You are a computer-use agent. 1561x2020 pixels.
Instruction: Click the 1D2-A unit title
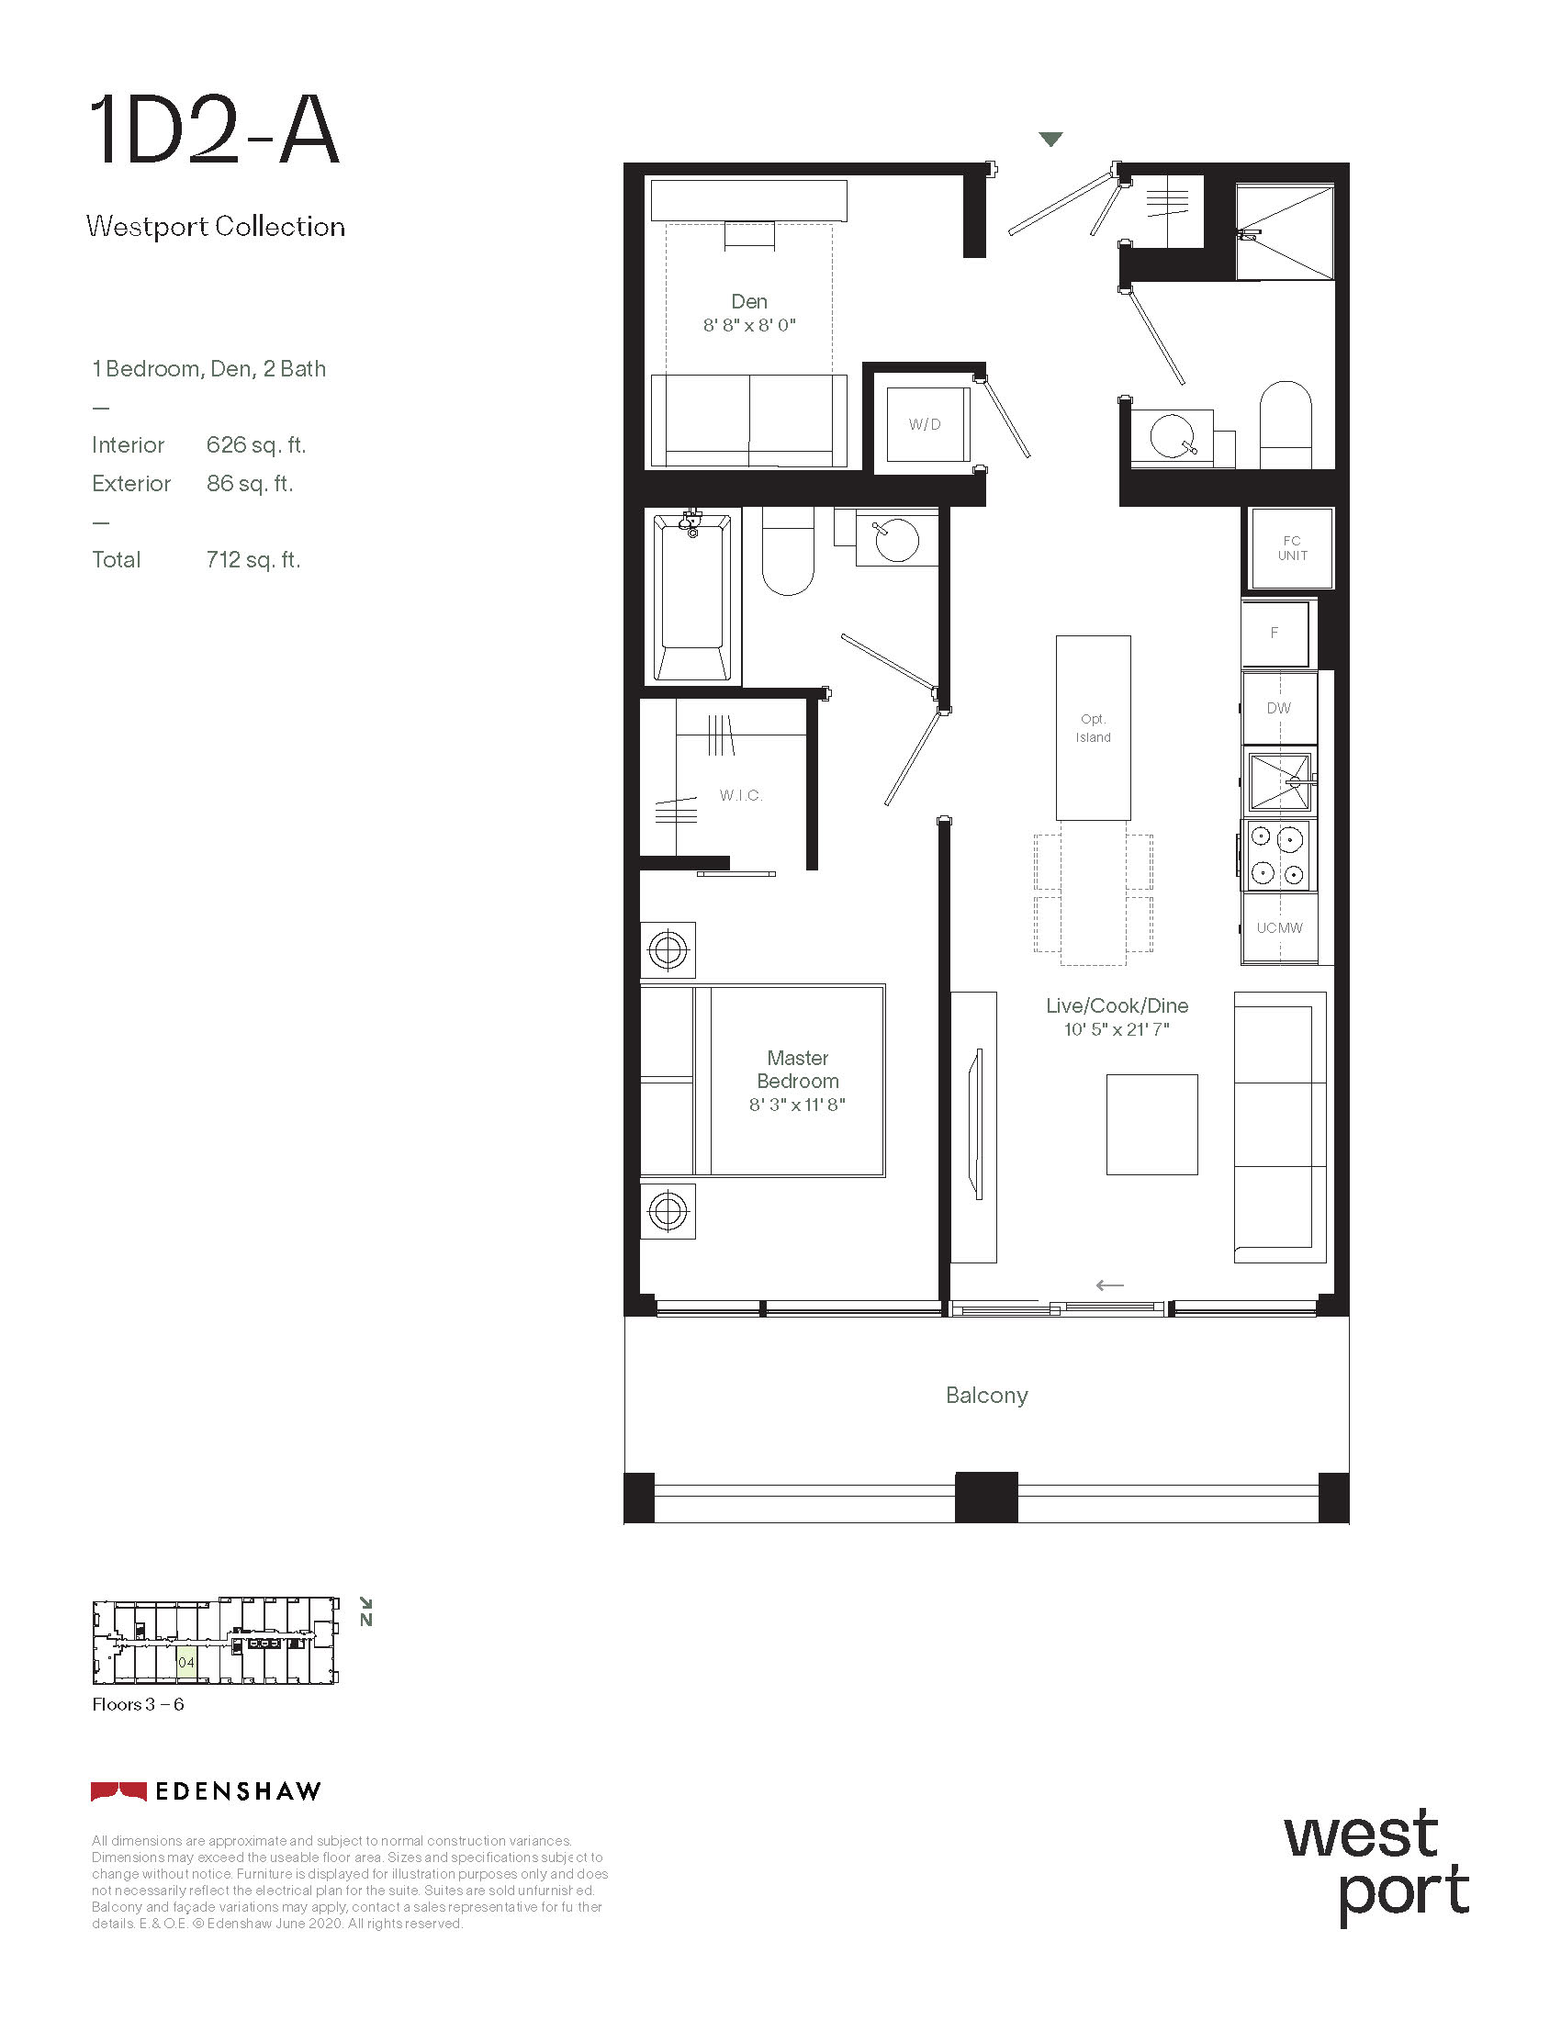click(215, 132)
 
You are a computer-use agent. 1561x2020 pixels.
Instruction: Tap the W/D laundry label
click(925, 424)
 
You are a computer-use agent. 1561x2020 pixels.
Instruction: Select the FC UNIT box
click(1292, 547)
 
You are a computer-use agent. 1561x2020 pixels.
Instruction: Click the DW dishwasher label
click(1279, 708)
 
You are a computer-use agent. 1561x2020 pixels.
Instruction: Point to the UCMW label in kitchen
click(1279, 927)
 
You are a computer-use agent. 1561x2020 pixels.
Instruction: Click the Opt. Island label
click(1093, 728)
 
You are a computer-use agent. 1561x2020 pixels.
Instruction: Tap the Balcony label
click(987, 1395)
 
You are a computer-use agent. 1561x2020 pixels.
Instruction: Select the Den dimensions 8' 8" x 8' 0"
click(749, 325)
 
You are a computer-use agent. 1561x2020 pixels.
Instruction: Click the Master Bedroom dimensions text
click(797, 1105)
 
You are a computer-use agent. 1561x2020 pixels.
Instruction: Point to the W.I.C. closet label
click(741, 795)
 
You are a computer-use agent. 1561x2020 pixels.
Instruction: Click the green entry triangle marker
click(1050, 140)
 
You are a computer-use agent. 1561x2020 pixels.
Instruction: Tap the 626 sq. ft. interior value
click(256, 445)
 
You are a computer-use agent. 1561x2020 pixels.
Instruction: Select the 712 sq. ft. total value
click(253, 559)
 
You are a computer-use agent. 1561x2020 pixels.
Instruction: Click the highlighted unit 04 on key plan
click(185, 1662)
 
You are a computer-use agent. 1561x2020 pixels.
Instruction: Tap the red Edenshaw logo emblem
click(118, 1791)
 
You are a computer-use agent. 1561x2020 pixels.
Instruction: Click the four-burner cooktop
click(1277, 856)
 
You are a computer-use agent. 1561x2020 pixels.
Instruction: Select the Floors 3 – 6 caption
click(138, 1705)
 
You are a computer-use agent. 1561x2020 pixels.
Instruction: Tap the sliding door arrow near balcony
click(1110, 1285)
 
